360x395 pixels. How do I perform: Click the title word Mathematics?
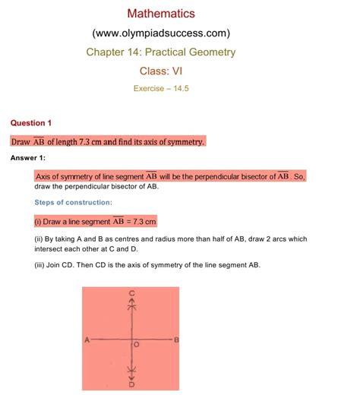click(160, 13)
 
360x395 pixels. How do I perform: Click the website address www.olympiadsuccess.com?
click(160, 33)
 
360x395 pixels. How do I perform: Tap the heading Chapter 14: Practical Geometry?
click(160, 52)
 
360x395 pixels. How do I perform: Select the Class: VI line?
click(160, 71)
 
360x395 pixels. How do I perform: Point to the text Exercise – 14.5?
click(160, 88)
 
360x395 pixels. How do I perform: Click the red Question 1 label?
click(30, 122)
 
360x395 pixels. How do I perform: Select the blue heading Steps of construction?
click(73, 202)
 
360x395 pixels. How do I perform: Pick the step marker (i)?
click(39, 222)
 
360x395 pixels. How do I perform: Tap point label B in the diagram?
click(176, 340)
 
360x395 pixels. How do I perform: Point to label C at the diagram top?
click(132, 293)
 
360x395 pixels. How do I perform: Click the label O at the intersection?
click(137, 345)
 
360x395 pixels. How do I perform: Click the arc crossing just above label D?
click(132, 371)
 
